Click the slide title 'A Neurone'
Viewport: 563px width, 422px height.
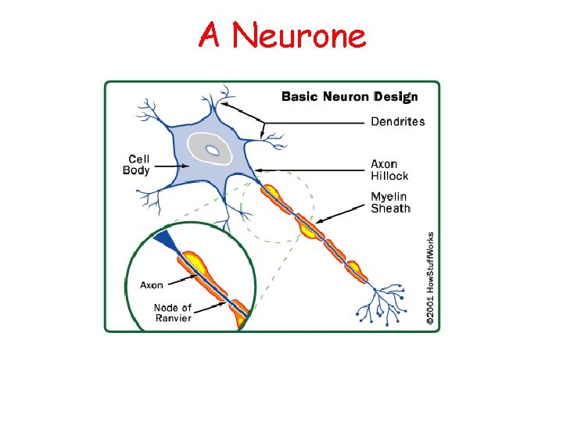coord(281,34)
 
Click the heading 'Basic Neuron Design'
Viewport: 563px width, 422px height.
coord(349,97)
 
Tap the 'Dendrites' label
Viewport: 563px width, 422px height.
coord(397,121)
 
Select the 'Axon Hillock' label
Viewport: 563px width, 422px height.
coord(389,170)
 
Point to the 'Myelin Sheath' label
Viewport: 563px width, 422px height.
coord(390,202)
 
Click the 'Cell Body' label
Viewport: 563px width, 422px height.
coord(136,165)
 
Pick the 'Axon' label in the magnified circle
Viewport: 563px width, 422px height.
coord(152,285)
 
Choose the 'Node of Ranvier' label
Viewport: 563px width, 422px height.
coord(172,313)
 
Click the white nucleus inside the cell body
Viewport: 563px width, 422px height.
coord(211,149)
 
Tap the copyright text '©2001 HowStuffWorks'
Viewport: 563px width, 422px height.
coord(429,277)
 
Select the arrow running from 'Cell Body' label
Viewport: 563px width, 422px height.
coord(168,166)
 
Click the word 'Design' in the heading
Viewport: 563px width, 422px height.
coord(396,97)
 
